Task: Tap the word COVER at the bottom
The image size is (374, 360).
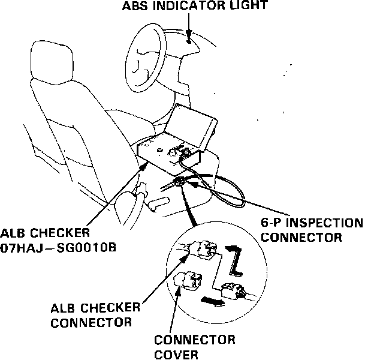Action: click(173, 353)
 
